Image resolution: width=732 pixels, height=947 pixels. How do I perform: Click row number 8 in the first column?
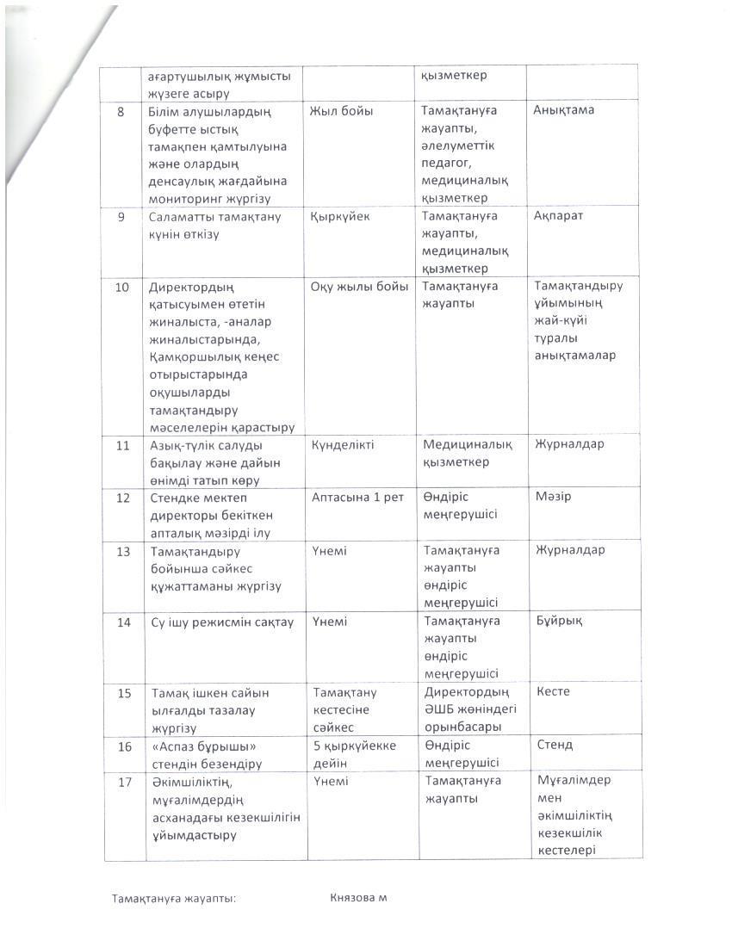click(x=121, y=111)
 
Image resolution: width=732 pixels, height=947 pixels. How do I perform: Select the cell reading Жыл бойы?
click(x=342, y=111)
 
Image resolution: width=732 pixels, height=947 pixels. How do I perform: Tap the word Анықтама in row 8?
click(x=563, y=110)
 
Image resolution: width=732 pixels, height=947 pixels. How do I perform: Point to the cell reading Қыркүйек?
click(x=339, y=217)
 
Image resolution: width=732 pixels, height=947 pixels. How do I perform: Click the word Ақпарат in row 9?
click(x=559, y=216)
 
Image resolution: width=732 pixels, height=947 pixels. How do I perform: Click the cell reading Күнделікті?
click(x=342, y=445)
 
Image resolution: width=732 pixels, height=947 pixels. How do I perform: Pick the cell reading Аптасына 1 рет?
click(x=357, y=498)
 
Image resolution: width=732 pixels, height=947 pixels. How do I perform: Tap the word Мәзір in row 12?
click(x=553, y=497)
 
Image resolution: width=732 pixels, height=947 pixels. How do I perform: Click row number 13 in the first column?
click(x=123, y=551)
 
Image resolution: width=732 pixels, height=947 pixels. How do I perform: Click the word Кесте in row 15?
click(x=553, y=691)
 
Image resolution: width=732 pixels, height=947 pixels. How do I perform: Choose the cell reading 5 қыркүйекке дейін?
click(x=355, y=753)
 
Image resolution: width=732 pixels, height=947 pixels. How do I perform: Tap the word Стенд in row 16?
click(x=555, y=745)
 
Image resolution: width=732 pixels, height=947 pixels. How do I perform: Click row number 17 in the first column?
click(x=123, y=781)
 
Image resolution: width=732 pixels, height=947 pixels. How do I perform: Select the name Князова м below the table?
click(x=358, y=898)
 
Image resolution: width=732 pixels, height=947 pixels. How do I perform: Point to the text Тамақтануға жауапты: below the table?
click(x=174, y=899)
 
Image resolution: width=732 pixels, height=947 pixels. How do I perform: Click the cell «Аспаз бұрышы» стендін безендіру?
click(x=207, y=754)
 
